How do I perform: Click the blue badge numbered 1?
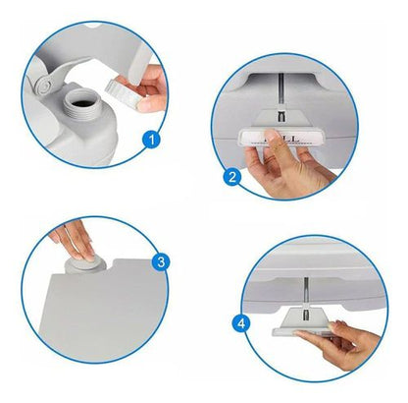click(x=150, y=140)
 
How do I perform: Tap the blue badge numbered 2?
click(x=232, y=178)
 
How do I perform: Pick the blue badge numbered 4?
click(x=241, y=321)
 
